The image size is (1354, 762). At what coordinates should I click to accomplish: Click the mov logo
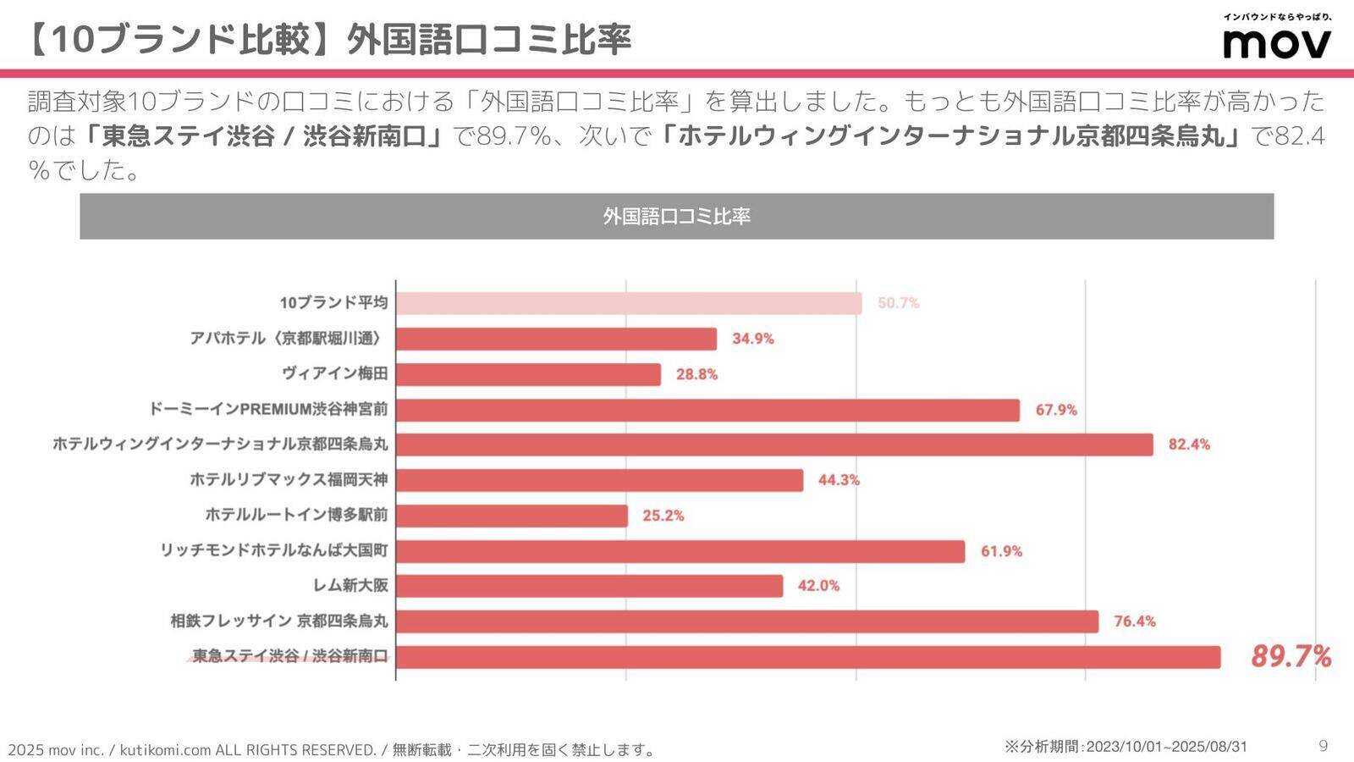point(1277,42)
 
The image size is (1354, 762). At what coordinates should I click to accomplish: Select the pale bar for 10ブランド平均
point(629,303)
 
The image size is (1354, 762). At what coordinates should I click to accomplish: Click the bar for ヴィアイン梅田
point(528,374)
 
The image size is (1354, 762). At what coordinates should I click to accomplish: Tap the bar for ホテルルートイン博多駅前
point(512,516)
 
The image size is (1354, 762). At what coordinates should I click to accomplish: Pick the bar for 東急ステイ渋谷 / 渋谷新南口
point(808,657)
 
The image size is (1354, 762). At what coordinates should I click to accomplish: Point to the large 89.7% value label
point(1291,656)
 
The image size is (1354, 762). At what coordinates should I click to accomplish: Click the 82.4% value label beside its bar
point(1189,444)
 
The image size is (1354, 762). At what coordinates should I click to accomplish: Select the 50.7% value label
point(898,303)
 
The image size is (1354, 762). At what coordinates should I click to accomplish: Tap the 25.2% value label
point(663,516)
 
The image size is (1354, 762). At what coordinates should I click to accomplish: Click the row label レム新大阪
point(350,586)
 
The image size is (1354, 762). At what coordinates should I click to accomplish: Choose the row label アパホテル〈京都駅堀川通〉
point(289,339)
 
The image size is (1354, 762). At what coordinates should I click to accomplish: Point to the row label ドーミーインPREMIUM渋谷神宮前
point(268,410)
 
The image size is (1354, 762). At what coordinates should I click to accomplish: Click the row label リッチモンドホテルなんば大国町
point(274,551)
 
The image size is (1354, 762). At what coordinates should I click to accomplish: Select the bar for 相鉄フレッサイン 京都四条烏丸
point(747,621)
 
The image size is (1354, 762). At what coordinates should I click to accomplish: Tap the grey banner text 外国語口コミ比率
point(676,217)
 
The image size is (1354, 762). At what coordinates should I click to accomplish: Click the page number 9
point(1324,746)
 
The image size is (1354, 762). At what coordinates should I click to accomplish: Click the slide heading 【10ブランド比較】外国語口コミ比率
point(328,39)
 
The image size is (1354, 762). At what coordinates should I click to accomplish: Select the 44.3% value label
point(839,480)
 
